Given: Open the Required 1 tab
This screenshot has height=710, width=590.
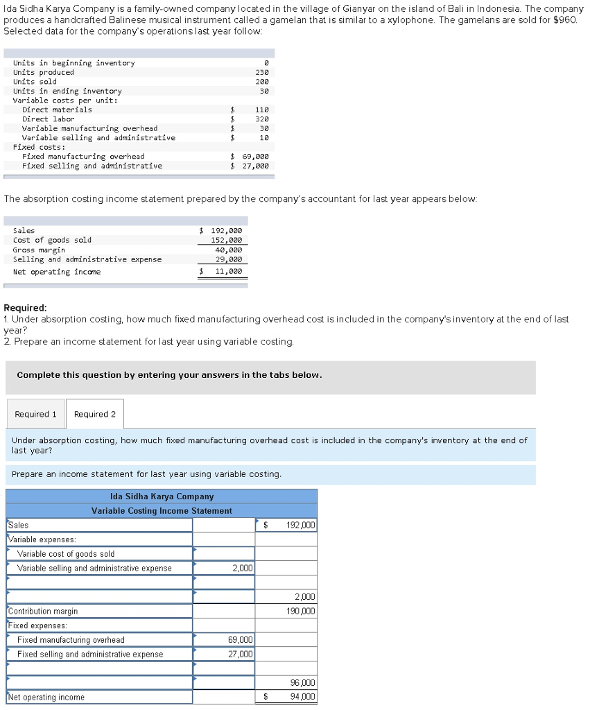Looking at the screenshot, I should coord(36,414).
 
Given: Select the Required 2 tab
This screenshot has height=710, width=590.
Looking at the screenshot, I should coord(95,414).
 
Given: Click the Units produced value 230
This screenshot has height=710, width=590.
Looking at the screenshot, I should coord(261,72).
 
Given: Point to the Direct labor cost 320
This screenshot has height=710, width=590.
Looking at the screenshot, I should coord(261,119).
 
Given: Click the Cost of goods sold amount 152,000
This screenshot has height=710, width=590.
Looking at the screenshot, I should coord(228,240).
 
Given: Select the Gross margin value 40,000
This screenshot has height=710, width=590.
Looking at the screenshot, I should coord(229,250).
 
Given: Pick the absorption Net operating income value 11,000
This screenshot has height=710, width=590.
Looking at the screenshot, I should coord(229,272).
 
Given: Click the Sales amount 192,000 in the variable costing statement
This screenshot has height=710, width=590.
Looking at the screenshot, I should coord(300,525).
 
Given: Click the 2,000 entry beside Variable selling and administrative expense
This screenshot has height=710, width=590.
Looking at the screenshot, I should coord(242,569).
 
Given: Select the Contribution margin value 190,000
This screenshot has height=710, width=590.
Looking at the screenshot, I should coord(300,612).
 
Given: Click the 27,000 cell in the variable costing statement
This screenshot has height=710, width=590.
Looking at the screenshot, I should coord(240,654).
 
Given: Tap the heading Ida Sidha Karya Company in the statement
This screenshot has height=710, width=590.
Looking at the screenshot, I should coord(162,496).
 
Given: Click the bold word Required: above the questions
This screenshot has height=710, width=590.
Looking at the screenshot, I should coord(26,307).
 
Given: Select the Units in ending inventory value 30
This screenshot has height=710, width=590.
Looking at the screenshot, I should coord(263,91).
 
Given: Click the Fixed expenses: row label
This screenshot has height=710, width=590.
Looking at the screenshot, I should coord(37,625).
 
